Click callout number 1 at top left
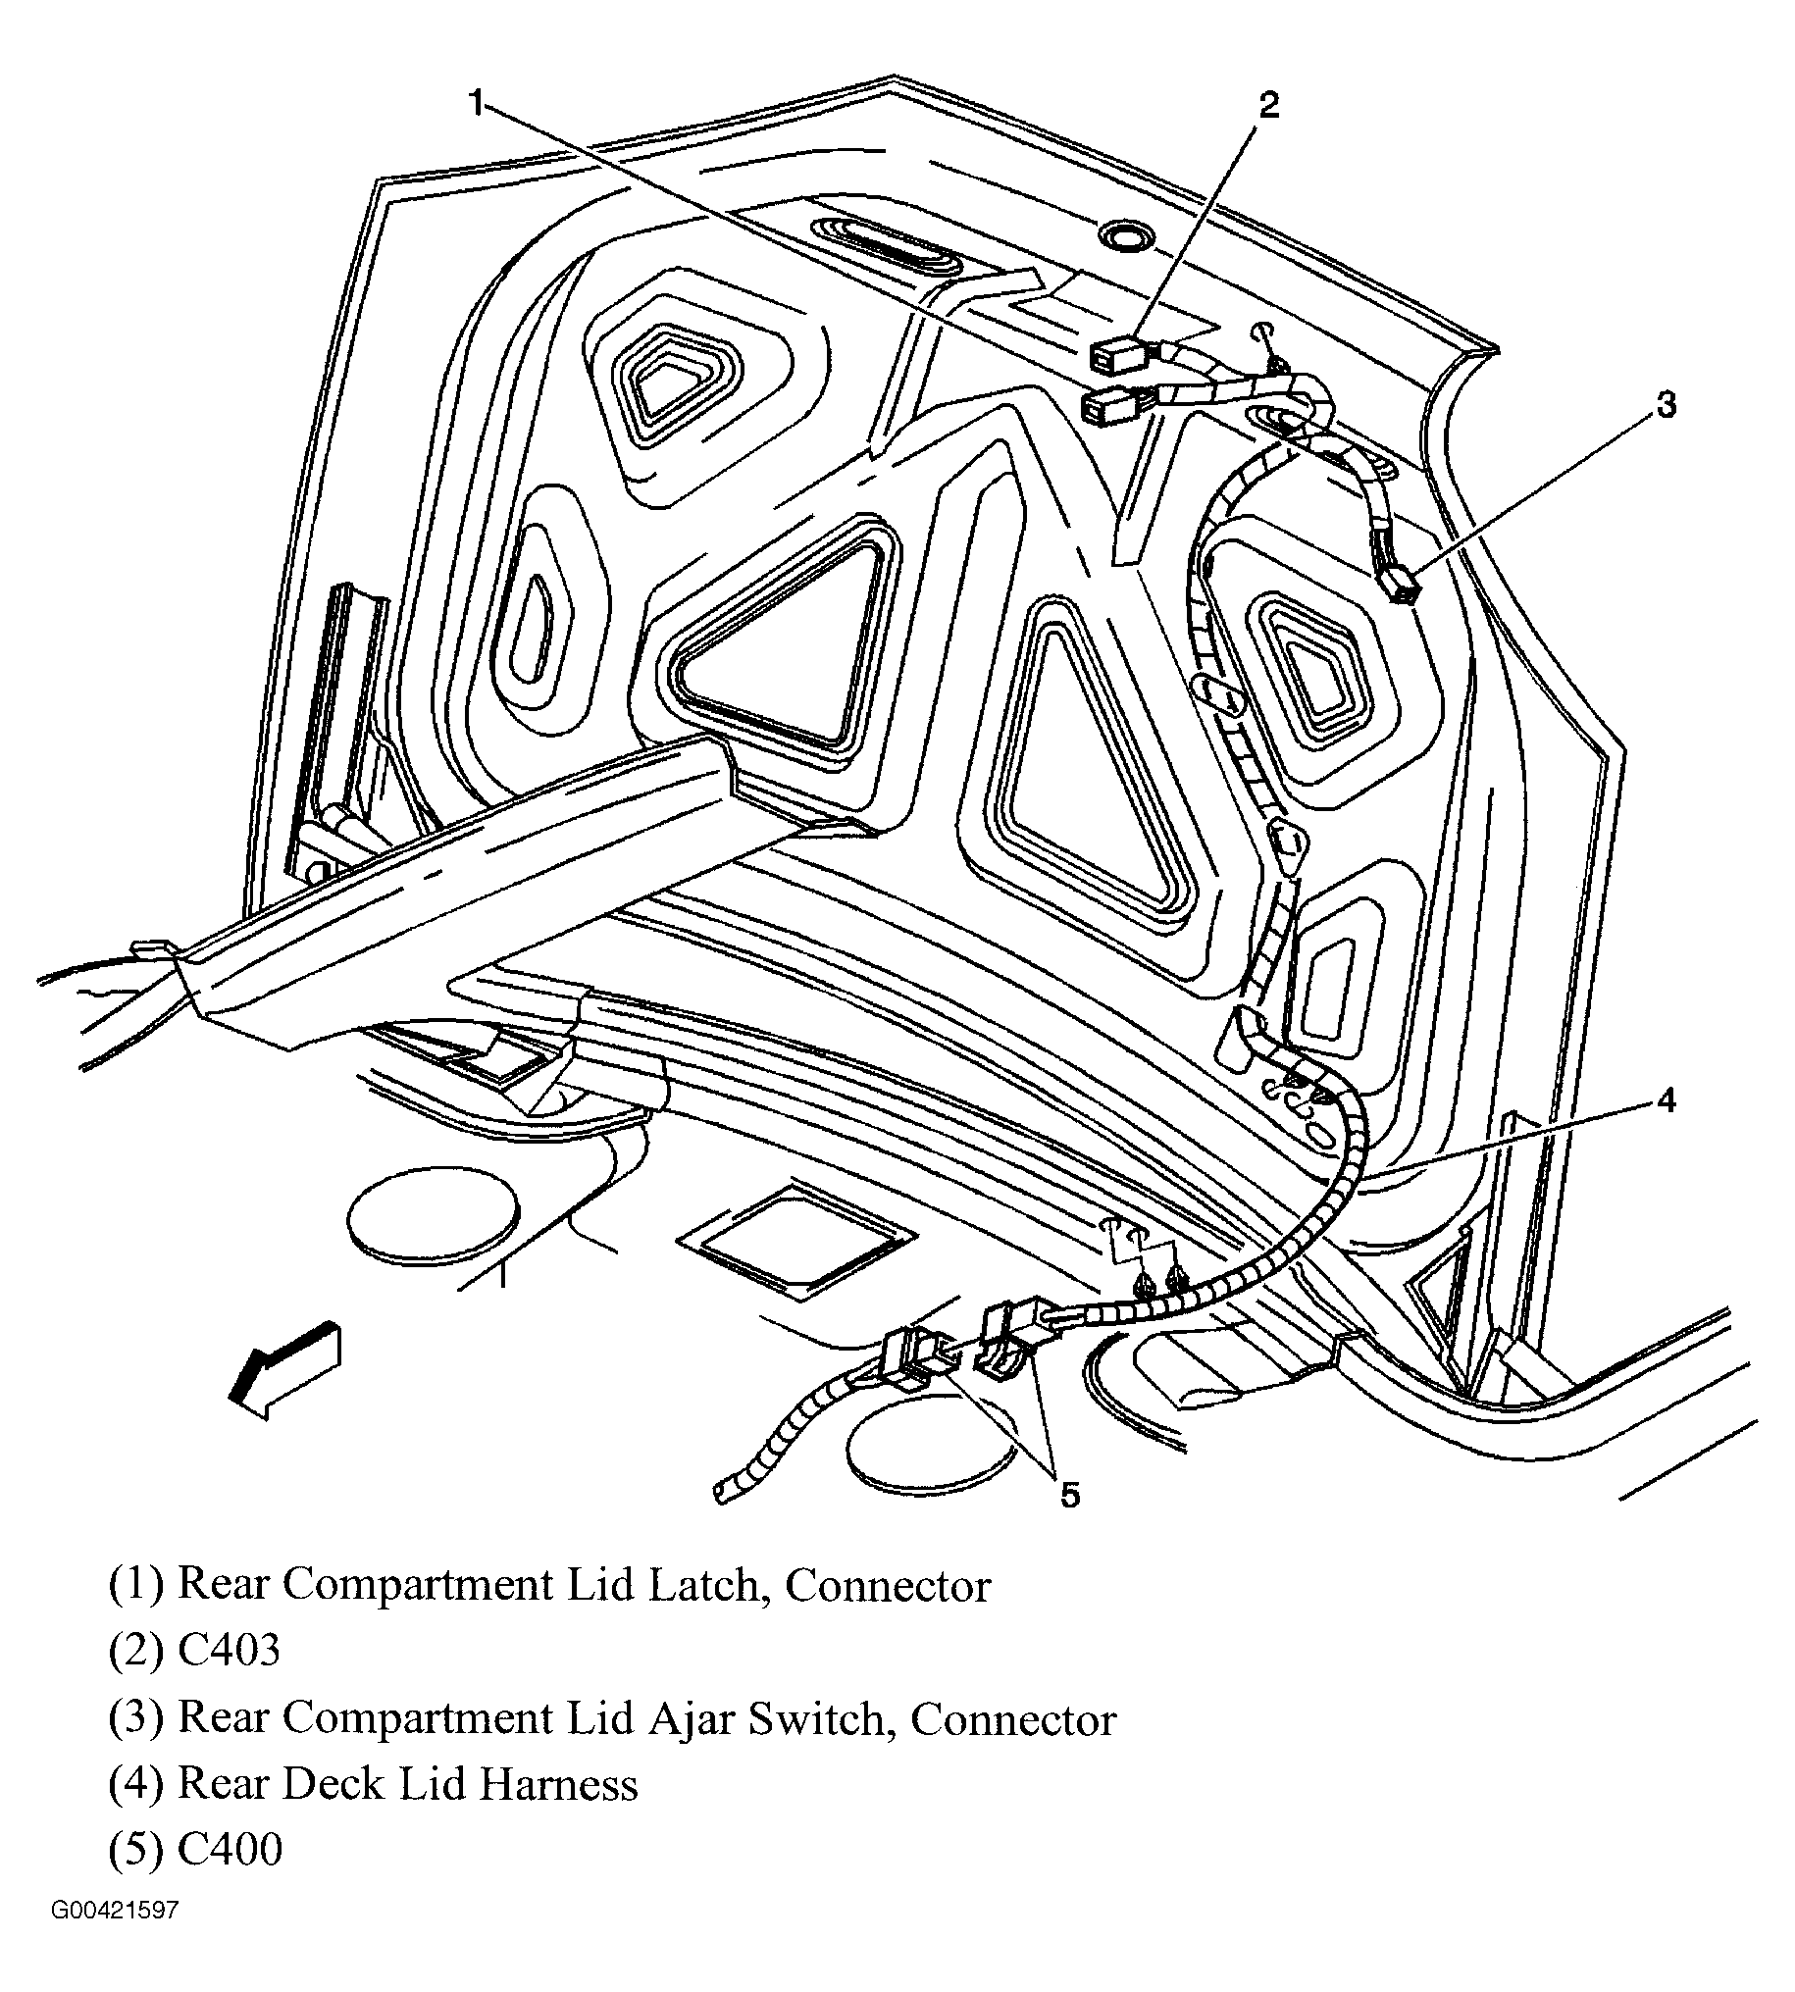click(x=478, y=103)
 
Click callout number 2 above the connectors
click(x=1268, y=106)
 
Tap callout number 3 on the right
click(x=1665, y=405)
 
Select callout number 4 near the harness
click(x=1666, y=1099)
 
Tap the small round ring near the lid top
click(x=1125, y=235)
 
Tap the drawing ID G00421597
click(x=116, y=1939)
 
